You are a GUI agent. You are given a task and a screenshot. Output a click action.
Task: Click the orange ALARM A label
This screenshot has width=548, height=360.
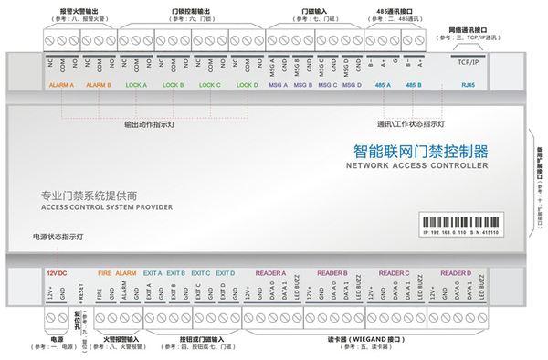[60, 85]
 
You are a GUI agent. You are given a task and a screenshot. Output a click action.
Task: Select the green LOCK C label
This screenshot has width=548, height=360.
[210, 85]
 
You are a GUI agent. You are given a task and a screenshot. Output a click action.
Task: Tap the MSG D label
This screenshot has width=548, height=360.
[353, 85]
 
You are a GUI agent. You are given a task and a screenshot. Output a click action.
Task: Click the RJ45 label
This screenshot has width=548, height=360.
[468, 85]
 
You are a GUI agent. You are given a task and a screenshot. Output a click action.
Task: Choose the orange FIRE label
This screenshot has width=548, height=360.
[104, 272]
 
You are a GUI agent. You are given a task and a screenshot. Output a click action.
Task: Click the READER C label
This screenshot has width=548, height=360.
[394, 272]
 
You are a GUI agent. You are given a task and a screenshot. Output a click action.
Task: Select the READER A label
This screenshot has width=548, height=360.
[271, 272]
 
